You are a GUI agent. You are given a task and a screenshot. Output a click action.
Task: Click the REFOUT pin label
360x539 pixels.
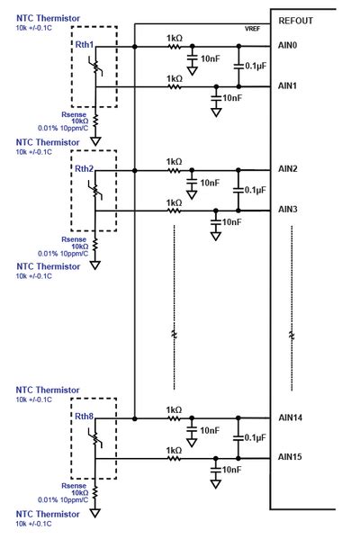pos(296,20)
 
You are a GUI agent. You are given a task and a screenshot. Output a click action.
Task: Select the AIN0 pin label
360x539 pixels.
pos(289,45)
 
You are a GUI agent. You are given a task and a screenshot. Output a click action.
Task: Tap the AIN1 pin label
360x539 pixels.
pos(289,86)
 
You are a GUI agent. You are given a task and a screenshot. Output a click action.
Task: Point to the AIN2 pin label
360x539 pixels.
pos(289,169)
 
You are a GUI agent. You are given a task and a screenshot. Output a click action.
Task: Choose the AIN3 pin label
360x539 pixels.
pos(289,211)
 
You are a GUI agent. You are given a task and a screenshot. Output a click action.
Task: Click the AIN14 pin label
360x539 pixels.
pos(292,418)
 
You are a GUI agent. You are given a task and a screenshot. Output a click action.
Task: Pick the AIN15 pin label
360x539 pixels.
pos(292,458)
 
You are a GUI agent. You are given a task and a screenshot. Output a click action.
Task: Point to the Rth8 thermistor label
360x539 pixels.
pos(85,418)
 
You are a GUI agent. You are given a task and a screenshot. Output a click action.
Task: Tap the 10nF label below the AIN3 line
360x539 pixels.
pos(231,221)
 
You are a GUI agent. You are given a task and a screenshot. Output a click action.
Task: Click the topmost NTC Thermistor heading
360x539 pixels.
pos(47,17)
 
